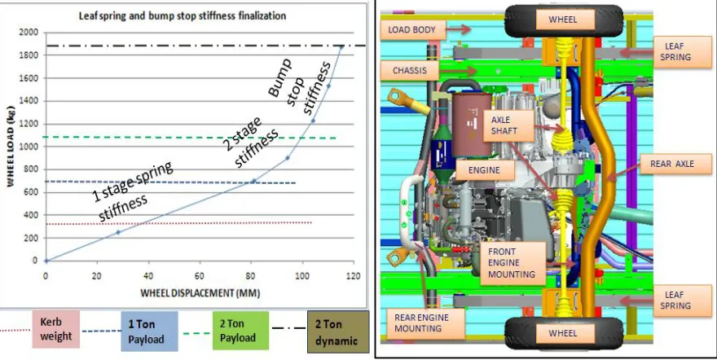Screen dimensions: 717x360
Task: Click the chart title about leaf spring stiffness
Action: [x=183, y=15]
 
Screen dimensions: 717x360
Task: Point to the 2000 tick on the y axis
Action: [x=29, y=33]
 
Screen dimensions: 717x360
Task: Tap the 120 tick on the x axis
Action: [x=353, y=276]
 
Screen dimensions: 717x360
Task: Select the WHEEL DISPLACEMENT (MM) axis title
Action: [x=200, y=293]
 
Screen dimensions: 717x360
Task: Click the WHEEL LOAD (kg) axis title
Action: [x=11, y=147]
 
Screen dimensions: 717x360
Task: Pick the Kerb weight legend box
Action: [x=55, y=329]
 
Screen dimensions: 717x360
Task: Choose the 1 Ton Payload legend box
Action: [x=149, y=331]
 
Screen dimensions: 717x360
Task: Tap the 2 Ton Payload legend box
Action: [x=240, y=331]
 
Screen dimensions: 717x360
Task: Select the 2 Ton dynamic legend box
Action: [x=338, y=331]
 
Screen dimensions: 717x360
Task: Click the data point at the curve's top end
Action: [x=341, y=46]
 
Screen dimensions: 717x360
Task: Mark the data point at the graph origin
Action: [x=46, y=261]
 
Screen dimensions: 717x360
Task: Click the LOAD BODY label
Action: [x=411, y=29]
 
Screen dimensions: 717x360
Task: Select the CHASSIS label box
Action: [x=410, y=71]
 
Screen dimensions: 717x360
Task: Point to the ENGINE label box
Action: [x=485, y=170]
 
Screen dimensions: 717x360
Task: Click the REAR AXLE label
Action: [x=672, y=164]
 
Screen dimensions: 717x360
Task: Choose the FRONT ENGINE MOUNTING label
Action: [x=512, y=263]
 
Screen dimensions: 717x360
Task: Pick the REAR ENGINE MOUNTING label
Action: [x=421, y=323]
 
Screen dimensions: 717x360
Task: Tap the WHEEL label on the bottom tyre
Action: [x=562, y=333]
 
